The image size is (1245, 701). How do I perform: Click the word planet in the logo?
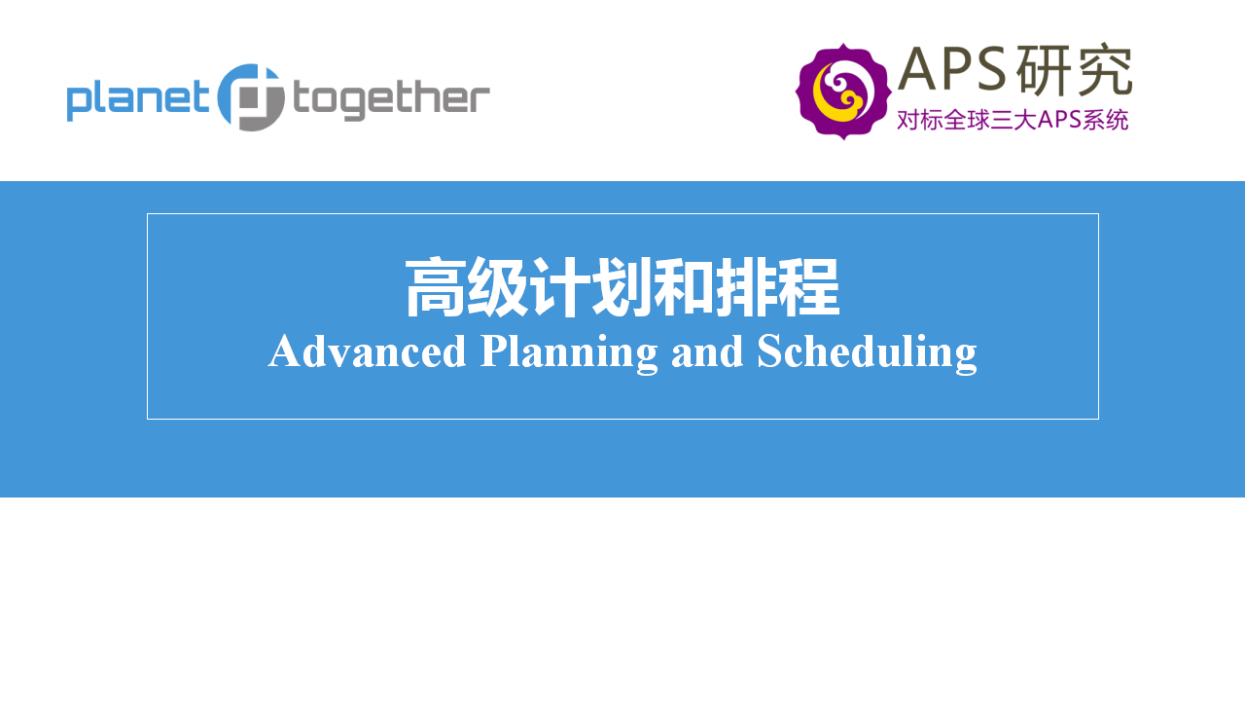coord(138,100)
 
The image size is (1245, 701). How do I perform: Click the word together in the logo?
coord(391,100)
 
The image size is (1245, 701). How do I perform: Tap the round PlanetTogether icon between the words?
coord(251,97)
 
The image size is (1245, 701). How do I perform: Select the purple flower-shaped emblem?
coord(843,92)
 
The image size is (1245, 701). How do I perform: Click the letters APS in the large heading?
coord(953,69)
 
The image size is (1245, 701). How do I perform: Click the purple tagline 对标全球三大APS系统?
coord(1013,120)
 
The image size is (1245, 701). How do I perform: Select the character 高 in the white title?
coord(435,287)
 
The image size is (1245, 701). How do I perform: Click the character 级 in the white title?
coord(496,287)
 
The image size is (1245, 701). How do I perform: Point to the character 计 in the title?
coord(558,287)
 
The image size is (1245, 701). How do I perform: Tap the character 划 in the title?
coord(621,287)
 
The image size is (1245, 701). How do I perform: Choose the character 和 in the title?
coord(683,287)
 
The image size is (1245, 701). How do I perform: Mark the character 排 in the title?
coord(745,287)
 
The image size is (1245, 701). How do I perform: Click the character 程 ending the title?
coord(808,287)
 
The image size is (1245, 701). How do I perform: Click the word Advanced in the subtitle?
coord(367,351)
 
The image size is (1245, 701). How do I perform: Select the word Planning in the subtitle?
coord(569,353)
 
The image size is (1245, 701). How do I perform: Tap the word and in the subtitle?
coord(707,351)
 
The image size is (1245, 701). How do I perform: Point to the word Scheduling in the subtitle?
coord(867,353)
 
